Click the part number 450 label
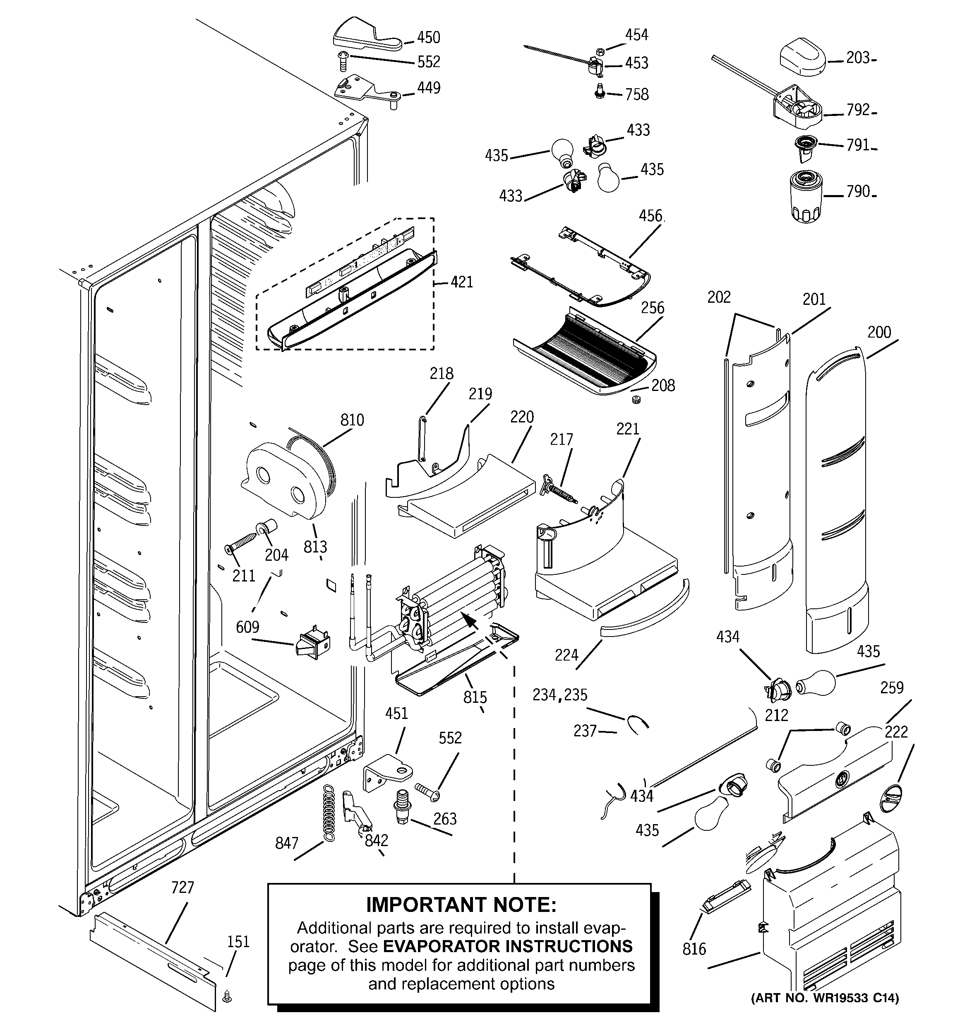(x=428, y=38)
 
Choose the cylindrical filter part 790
(x=806, y=197)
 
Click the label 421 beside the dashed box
(x=461, y=282)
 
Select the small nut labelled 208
(x=636, y=400)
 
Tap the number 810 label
(x=352, y=420)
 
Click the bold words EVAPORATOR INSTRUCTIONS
(x=508, y=946)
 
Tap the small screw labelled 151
(x=226, y=998)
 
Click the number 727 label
(x=182, y=888)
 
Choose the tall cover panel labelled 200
(x=835, y=495)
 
